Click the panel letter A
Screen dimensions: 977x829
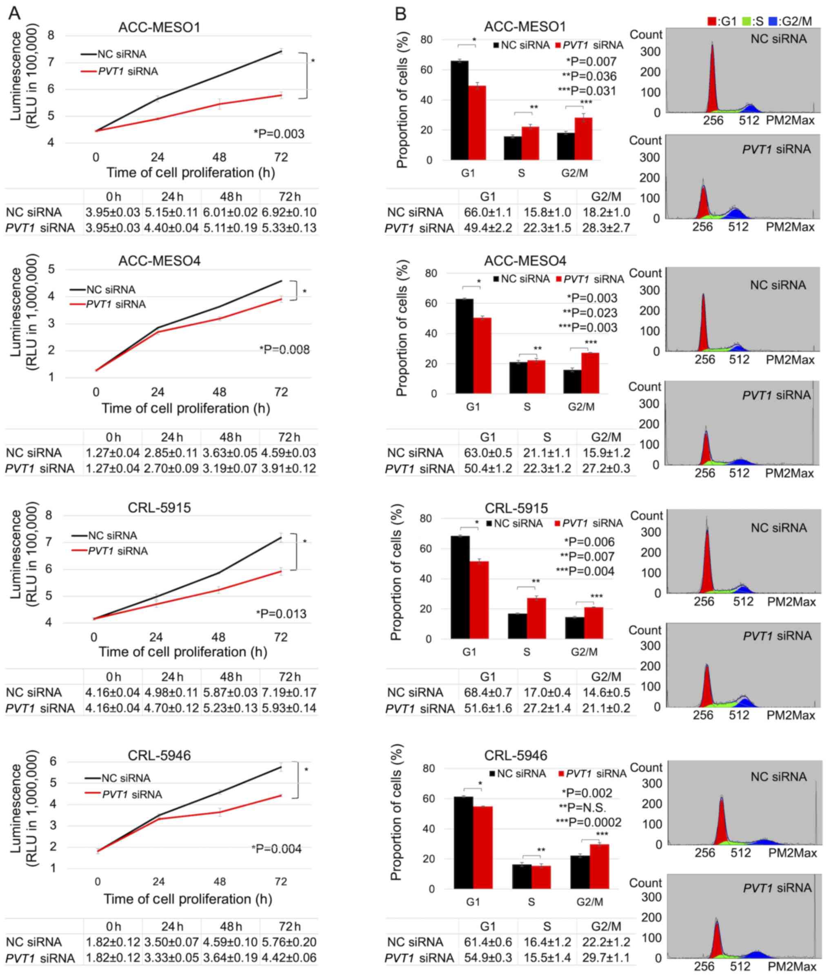point(15,13)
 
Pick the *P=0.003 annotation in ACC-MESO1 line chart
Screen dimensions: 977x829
point(279,134)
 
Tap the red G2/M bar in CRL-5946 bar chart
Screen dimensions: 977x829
point(600,866)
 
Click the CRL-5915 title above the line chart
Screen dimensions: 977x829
point(159,508)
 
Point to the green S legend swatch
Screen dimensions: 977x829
point(745,21)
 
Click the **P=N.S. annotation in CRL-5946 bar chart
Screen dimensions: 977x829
point(582,808)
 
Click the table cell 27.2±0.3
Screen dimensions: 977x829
point(606,469)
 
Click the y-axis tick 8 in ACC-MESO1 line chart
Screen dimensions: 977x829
point(51,35)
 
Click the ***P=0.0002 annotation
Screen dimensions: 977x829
point(589,822)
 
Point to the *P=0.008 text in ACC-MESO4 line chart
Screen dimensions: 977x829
point(284,349)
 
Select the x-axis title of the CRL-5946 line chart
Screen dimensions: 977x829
point(188,899)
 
